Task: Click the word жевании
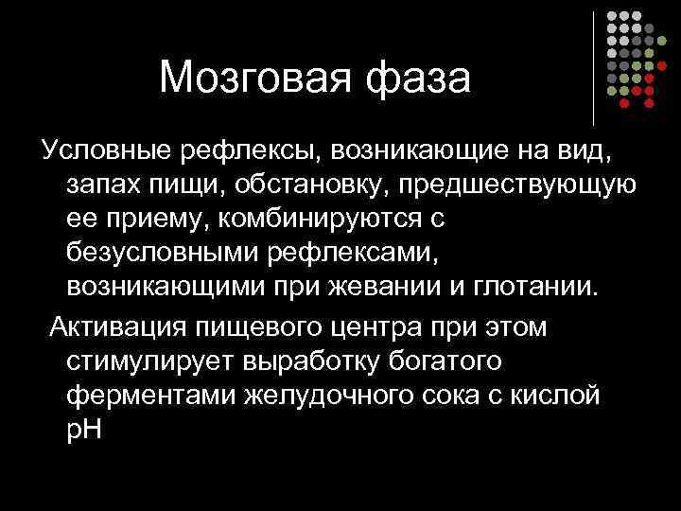[407, 288]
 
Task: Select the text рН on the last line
[85, 432]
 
